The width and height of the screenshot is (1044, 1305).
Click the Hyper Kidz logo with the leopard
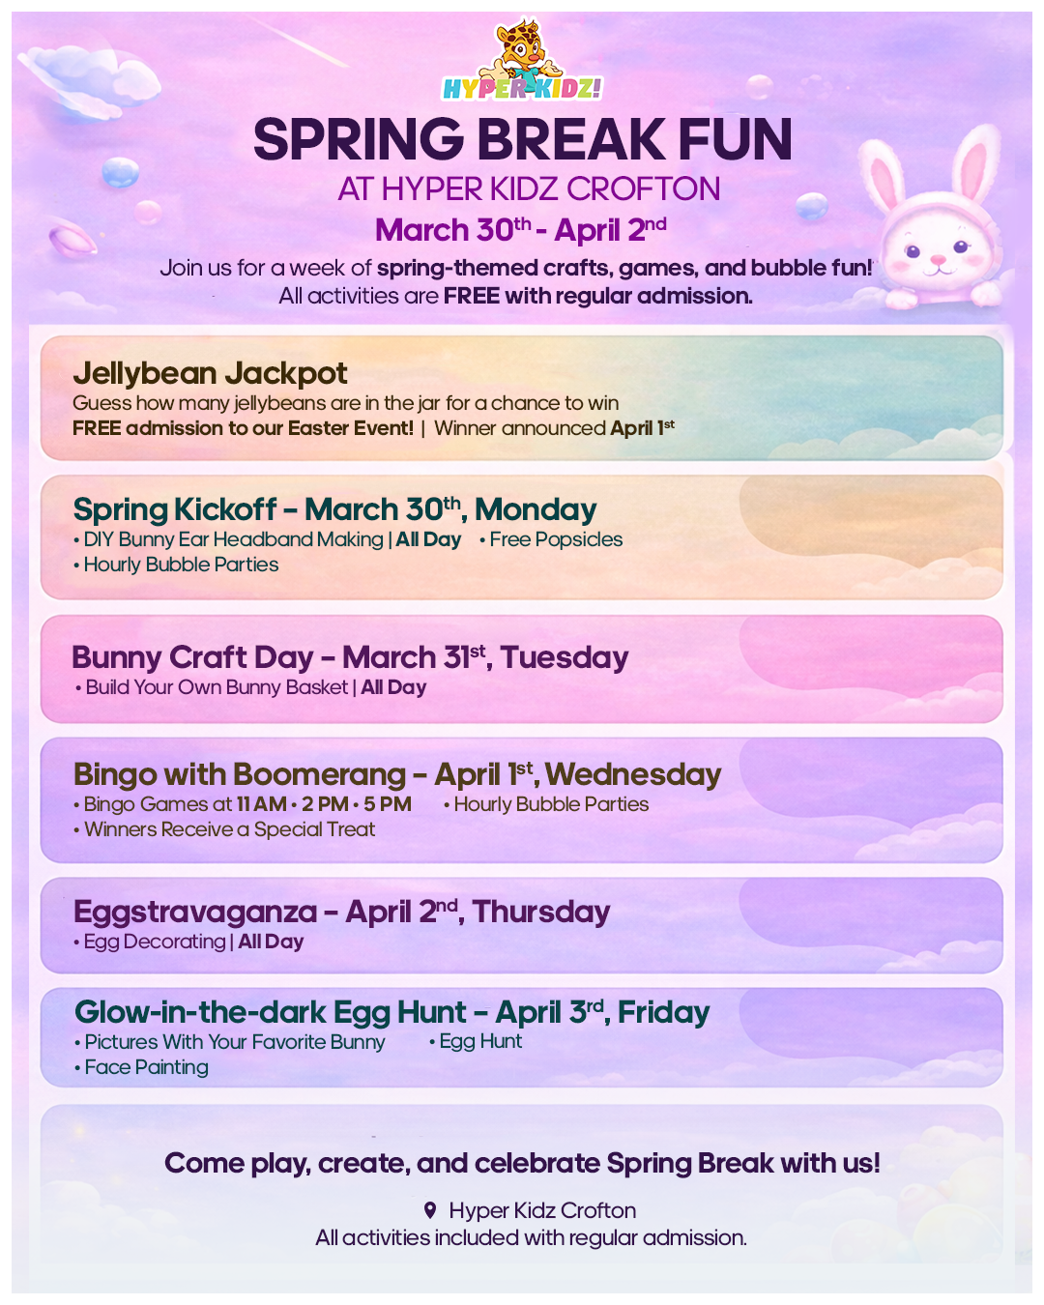[x=522, y=60]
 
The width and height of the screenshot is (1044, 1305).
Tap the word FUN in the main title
[x=735, y=139]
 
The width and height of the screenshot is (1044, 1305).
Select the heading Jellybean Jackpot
[x=210, y=373]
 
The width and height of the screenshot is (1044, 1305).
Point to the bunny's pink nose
[x=938, y=259]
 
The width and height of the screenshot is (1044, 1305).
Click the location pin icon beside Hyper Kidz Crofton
[x=429, y=1210]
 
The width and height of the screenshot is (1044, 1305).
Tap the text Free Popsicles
[x=551, y=539]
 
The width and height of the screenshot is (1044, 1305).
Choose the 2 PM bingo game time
[x=325, y=804]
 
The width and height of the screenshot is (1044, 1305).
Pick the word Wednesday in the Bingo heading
[x=633, y=775]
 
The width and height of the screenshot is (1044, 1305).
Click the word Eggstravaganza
[x=195, y=912]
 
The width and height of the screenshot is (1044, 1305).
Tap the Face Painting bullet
[x=141, y=1066]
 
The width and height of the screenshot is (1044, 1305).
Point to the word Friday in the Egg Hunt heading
[x=664, y=1012]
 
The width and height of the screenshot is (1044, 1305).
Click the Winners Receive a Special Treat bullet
[x=224, y=829]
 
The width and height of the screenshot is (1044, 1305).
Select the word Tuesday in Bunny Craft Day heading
[x=565, y=657]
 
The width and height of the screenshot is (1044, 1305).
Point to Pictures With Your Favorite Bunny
[x=229, y=1042]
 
